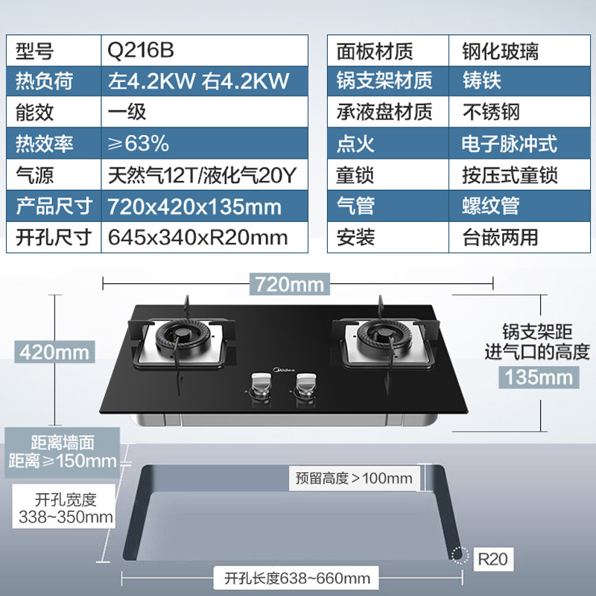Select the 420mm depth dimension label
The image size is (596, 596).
pos(54,350)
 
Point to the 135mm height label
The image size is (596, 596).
pos(536,377)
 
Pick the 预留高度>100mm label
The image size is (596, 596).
pos(353,478)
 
